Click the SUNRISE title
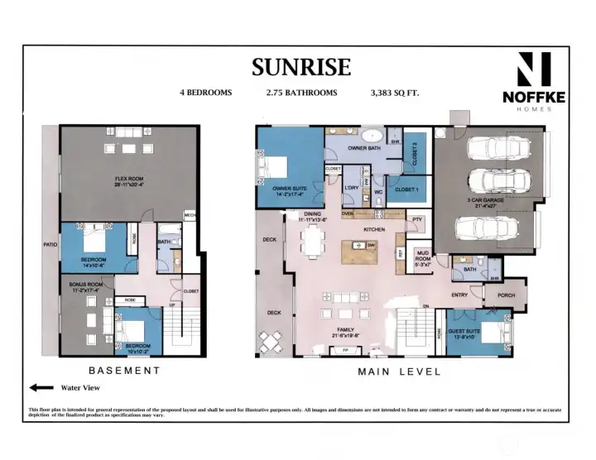pyautogui.click(x=301, y=66)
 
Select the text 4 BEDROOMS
pyautogui.click(x=205, y=93)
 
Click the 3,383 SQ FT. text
pyautogui.click(x=395, y=93)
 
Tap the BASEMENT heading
pyautogui.click(x=124, y=370)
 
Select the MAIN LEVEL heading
pyautogui.click(x=399, y=371)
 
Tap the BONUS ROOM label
pyautogui.click(x=84, y=286)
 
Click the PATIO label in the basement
pyautogui.click(x=50, y=245)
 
